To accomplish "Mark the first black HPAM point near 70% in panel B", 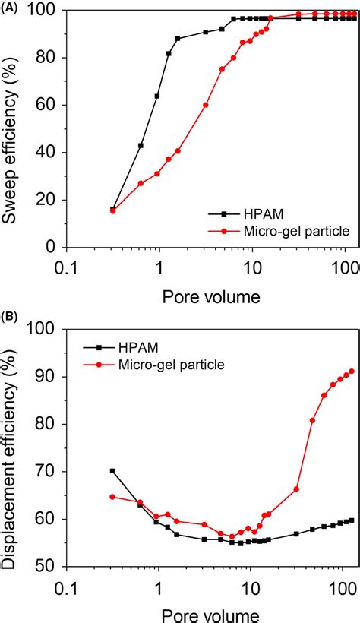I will (112, 471).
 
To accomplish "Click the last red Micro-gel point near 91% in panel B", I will (351, 371).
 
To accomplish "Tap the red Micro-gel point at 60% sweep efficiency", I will (206, 105).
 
